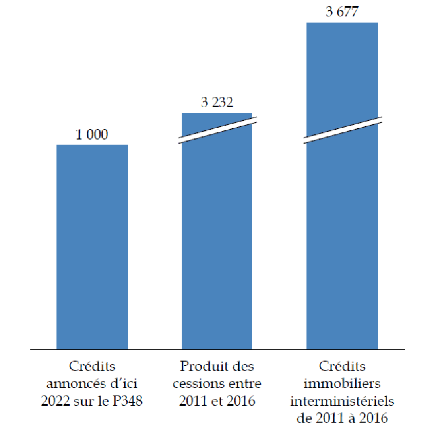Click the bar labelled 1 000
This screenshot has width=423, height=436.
tap(92, 246)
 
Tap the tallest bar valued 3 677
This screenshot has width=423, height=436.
tap(342, 231)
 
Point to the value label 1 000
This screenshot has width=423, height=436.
tap(92, 135)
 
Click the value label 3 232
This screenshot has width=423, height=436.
tap(217, 103)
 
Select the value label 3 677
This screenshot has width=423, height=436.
tap(342, 12)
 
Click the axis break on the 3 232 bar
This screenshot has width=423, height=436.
tap(217, 130)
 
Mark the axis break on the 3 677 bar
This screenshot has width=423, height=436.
tap(342, 130)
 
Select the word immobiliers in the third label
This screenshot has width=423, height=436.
tap(342, 383)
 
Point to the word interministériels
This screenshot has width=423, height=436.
tap(342, 401)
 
